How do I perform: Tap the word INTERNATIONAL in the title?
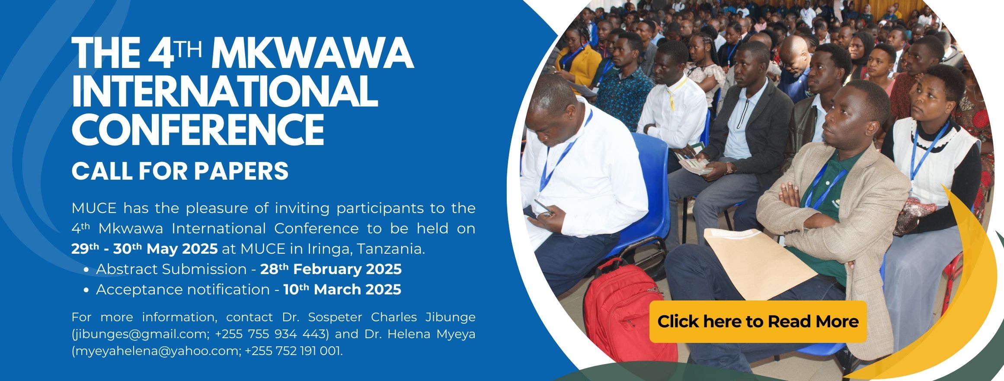[224, 91]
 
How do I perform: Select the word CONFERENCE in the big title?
[198, 129]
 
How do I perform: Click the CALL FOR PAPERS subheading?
[180, 171]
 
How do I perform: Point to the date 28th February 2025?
[331, 269]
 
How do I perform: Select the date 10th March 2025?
[342, 289]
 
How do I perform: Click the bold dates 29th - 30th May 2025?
[144, 249]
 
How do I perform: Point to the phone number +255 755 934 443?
[269, 335]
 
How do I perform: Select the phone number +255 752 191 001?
[292, 351]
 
